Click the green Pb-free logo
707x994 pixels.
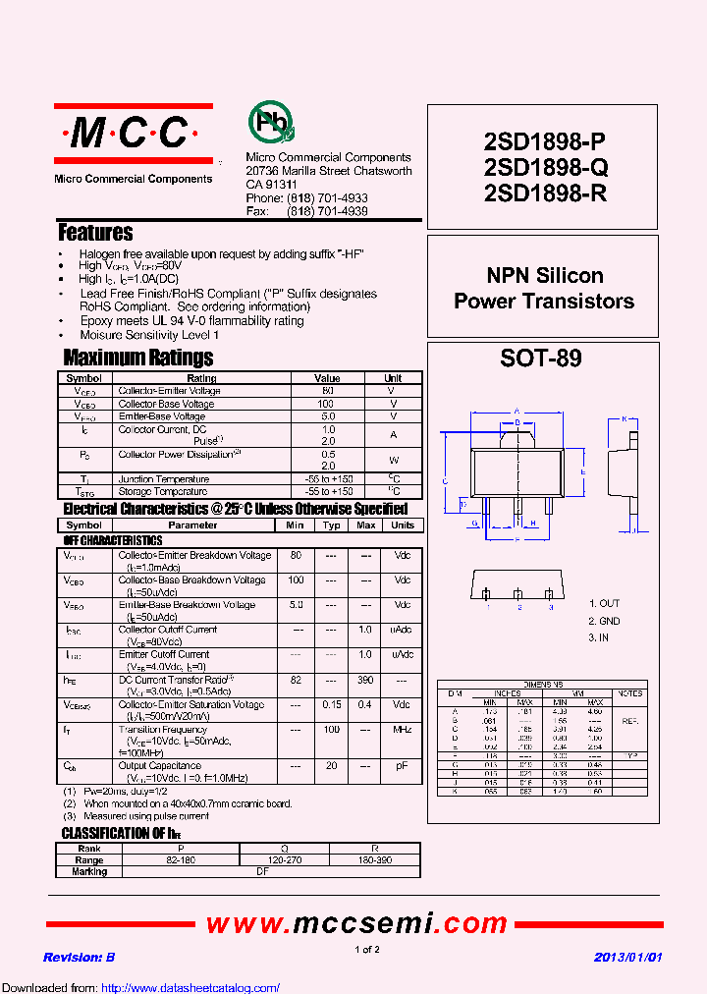(x=268, y=123)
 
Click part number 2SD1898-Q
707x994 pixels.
(x=545, y=167)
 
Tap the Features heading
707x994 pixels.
(x=95, y=233)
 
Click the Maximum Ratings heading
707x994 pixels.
(x=138, y=358)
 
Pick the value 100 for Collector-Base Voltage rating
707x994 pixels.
(x=327, y=404)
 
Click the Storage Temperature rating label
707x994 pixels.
(x=163, y=491)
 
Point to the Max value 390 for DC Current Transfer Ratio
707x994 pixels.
(x=365, y=681)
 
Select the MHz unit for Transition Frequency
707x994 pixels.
(x=402, y=730)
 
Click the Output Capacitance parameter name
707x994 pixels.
(x=159, y=766)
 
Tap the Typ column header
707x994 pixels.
(x=331, y=525)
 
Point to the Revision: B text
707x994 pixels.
(x=80, y=957)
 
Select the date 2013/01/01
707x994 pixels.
(x=628, y=957)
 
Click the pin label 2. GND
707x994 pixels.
(x=605, y=621)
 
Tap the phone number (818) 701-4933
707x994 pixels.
(x=327, y=198)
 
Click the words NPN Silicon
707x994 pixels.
(x=545, y=276)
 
